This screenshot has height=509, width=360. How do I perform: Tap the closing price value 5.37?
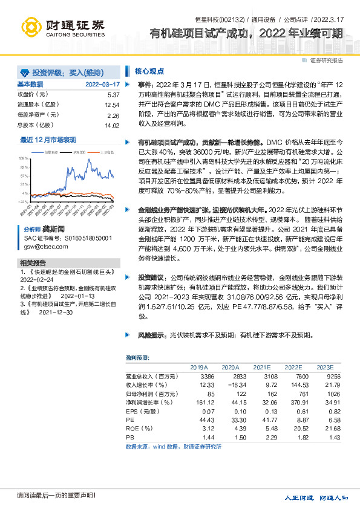point(113,95)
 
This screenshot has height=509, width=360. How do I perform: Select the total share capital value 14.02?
point(112,125)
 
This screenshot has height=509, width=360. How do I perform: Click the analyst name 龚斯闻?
point(53,230)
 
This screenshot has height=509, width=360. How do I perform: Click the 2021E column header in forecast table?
point(262,367)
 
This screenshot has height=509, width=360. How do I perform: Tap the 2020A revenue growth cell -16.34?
point(229,384)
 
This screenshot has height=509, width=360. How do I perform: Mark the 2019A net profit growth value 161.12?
point(198,401)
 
